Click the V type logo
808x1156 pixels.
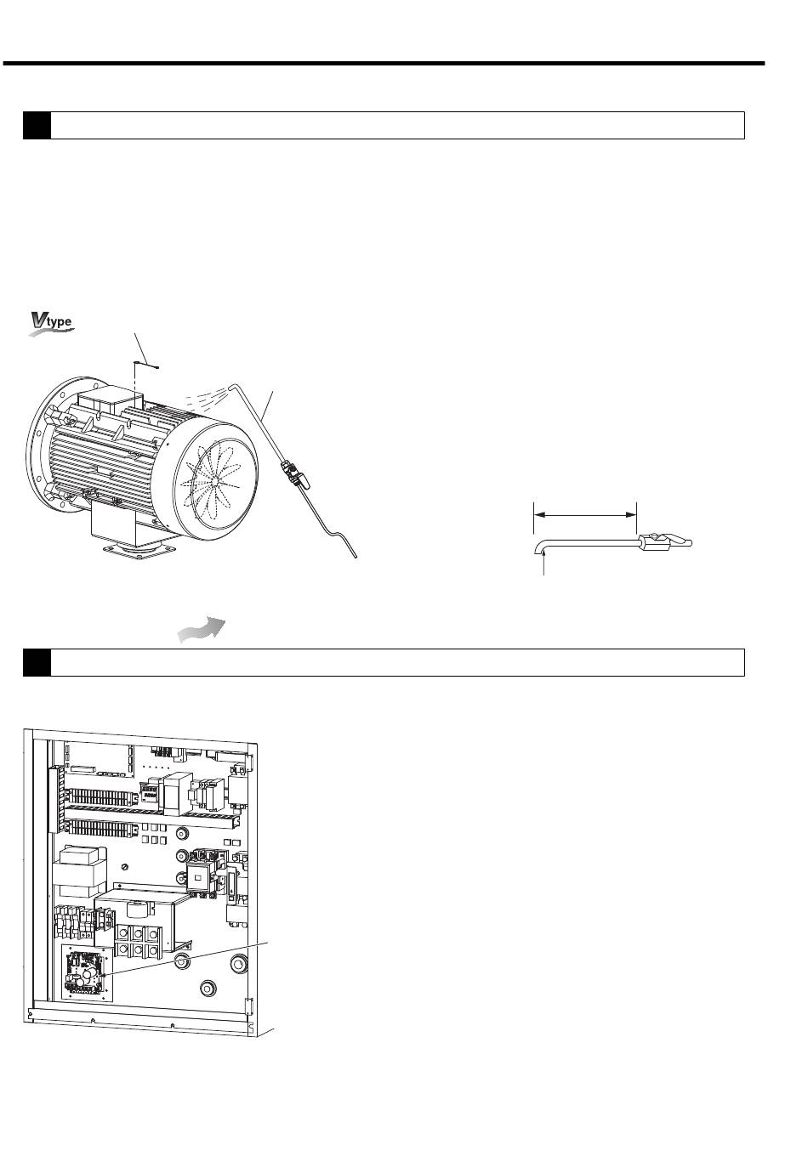tap(52, 323)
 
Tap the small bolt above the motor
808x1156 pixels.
tap(146, 364)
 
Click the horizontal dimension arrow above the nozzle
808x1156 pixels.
tap(584, 513)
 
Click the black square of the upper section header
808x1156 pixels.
tap(37, 125)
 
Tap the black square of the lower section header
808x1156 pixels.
tap(37, 662)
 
